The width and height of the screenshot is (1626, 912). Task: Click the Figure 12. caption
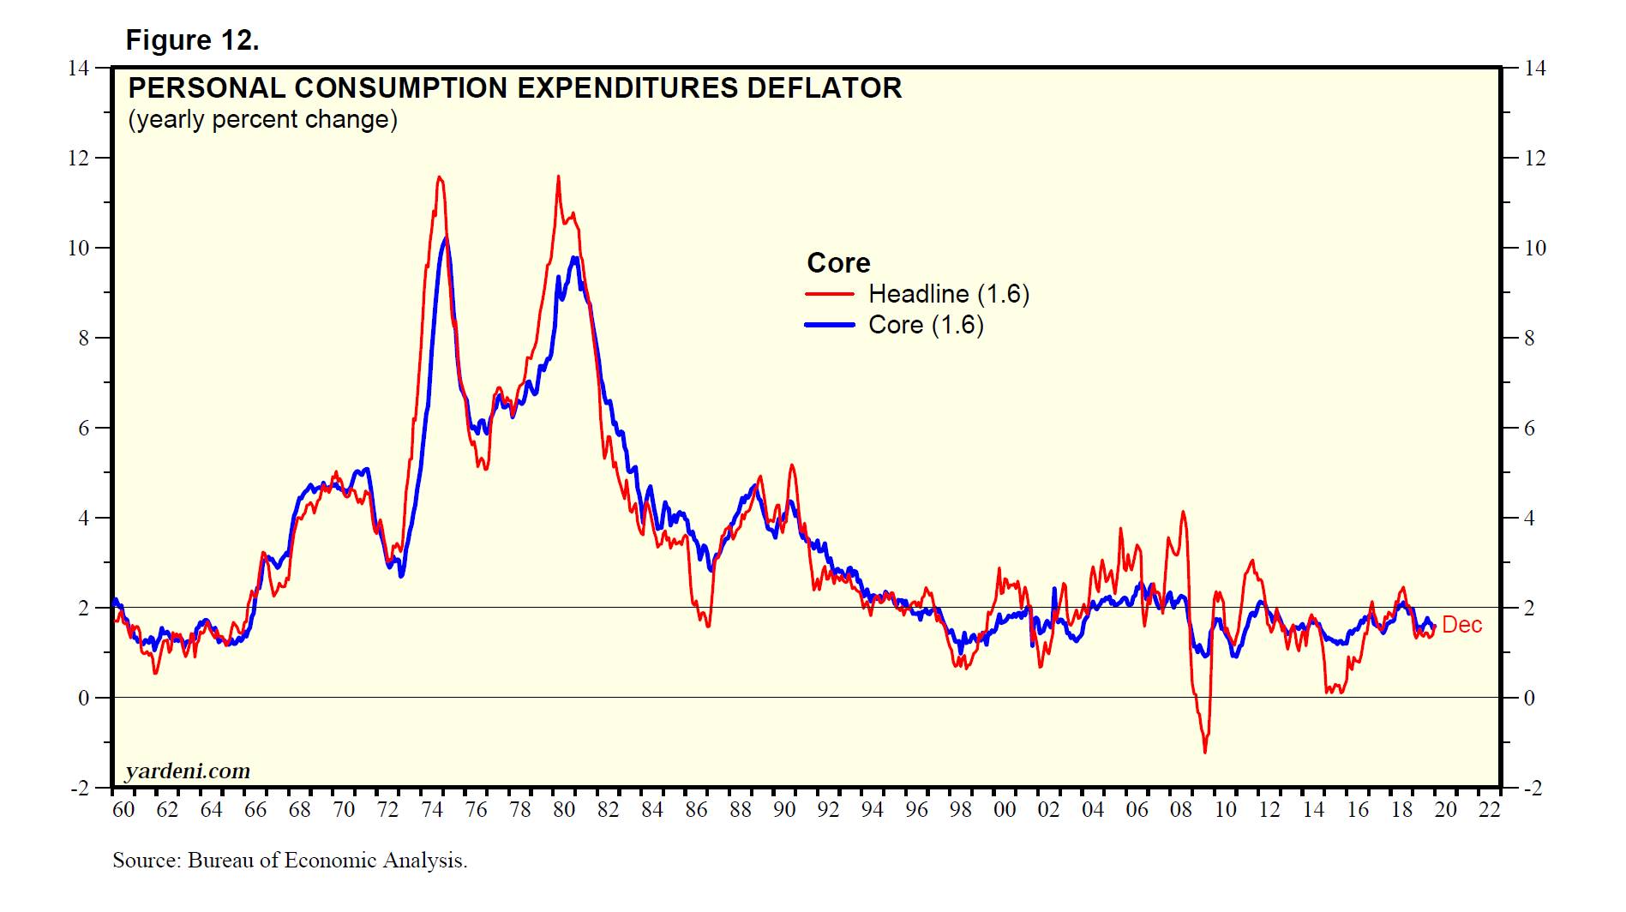[192, 40]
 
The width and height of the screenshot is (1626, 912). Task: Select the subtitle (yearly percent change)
[262, 119]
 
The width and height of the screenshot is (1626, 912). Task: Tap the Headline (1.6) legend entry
[948, 294]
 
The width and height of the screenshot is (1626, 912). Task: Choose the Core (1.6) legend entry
[926, 325]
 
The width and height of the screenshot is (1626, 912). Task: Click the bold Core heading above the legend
[838, 262]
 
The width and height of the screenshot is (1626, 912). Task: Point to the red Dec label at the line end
[1461, 625]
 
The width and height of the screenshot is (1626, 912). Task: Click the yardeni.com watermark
[188, 771]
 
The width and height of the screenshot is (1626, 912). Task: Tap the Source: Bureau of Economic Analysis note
[290, 860]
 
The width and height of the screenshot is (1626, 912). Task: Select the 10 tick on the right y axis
[1535, 248]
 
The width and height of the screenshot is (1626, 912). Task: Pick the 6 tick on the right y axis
[1529, 428]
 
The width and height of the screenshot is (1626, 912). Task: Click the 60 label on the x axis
[123, 809]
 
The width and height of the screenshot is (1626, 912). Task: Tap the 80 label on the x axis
[564, 809]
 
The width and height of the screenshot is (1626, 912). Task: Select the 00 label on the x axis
[1005, 809]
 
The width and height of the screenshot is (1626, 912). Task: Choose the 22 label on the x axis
[1490, 809]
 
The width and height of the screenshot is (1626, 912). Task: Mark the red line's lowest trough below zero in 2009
[1205, 752]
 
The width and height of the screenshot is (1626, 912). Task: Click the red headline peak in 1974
[440, 177]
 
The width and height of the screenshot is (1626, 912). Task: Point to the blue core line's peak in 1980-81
[574, 257]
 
